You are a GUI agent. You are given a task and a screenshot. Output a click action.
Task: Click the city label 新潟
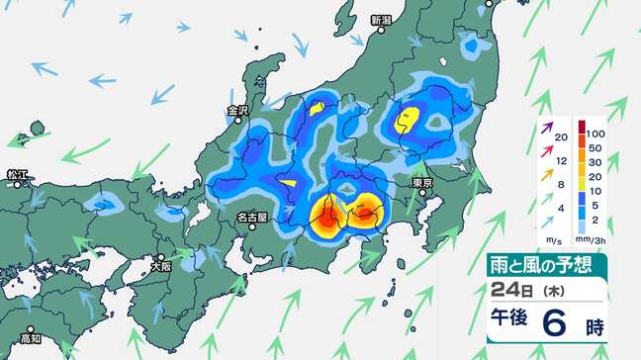coord(381,20)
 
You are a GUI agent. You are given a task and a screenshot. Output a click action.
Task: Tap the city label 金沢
coord(237,110)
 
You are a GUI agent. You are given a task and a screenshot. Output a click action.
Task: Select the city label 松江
coord(18,174)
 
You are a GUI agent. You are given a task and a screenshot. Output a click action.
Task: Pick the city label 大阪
coord(160,266)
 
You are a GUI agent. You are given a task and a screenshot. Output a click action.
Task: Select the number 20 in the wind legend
coord(562,137)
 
